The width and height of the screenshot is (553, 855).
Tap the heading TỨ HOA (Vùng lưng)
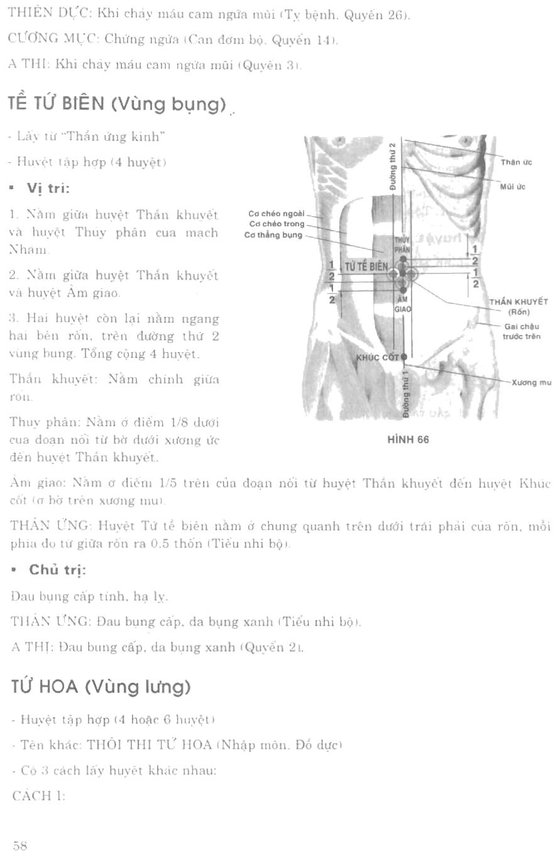(x=101, y=687)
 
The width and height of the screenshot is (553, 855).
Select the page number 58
(x=19, y=846)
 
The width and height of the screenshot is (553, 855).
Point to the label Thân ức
(x=516, y=162)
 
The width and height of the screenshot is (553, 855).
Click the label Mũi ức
(x=513, y=187)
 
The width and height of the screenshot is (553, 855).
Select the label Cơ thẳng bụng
(x=273, y=235)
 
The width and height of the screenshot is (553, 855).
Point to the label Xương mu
(x=531, y=382)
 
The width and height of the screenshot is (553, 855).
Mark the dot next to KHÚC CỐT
(x=403, y=357)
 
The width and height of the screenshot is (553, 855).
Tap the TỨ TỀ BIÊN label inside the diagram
(x=366, y=266)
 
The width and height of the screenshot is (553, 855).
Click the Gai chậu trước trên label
(x=521, y=331)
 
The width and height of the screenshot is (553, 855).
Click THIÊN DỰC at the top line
(x=40, y=14)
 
